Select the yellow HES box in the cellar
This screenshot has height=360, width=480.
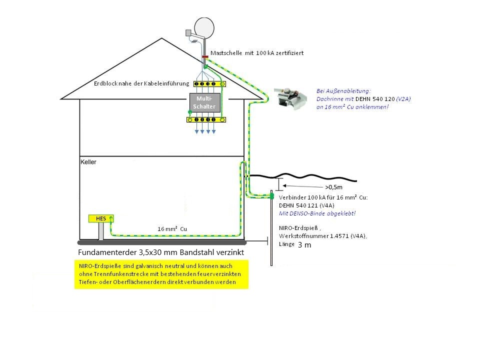[100, 218]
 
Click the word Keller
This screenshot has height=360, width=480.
[88, 162]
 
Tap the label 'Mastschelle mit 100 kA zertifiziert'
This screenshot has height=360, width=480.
[257, 52]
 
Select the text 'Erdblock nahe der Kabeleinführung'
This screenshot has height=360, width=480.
[141, 83]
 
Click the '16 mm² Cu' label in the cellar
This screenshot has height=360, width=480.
[172, 228]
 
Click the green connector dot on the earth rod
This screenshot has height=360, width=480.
[272, 196]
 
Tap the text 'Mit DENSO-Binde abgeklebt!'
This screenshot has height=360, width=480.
[317, 213]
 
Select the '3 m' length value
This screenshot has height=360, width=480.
[304, 245]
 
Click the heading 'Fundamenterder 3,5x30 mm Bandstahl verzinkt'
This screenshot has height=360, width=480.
[161, 252]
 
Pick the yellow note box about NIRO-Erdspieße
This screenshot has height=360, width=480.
[161, 274]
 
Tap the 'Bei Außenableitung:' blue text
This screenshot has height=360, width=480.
[336, 91]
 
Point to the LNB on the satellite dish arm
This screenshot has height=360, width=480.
[188, 33]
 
